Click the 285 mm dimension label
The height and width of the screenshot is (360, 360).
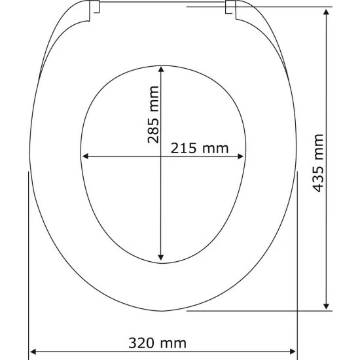[153, 115]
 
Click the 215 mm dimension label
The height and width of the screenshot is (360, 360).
[200, 149]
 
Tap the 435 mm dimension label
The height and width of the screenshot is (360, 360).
[318, 163]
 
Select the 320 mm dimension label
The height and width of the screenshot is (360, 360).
[157, 343]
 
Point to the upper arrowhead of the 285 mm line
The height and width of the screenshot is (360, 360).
[161, 69]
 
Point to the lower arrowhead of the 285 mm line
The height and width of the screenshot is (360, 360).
[161, 257]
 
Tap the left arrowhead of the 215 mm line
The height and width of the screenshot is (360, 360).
[85, 156]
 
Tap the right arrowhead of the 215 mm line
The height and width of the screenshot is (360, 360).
[240, 156]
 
